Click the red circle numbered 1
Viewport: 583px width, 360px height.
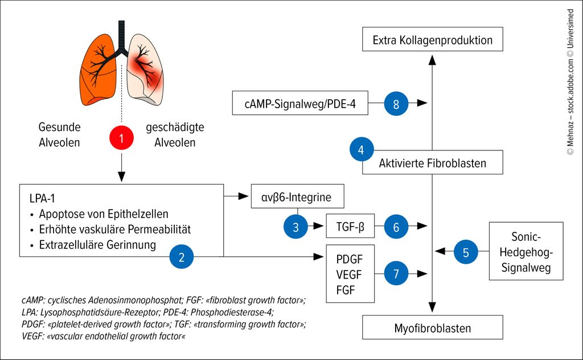121,137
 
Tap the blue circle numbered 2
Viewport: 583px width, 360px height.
182,257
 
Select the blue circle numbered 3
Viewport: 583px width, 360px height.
296,227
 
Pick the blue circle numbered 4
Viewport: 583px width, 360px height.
361,150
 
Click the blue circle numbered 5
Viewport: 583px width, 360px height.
466,252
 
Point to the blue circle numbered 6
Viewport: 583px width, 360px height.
396,227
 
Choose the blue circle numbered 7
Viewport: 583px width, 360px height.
396,273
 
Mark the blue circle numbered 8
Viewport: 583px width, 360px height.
396,104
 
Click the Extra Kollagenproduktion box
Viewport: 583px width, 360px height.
433,40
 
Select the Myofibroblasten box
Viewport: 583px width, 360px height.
433,328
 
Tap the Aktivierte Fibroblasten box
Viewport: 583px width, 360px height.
433,163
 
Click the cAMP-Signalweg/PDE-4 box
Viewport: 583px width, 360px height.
300,104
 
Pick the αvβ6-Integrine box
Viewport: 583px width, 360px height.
299,197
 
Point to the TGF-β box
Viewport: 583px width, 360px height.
350,227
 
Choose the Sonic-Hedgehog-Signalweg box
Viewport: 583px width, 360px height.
526,251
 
